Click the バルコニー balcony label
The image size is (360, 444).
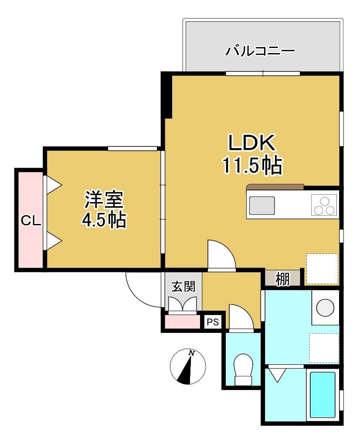[260, 52]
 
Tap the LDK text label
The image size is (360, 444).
[251, 143]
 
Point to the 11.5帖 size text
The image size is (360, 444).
[252, 166]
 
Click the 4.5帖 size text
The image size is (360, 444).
[104, 220]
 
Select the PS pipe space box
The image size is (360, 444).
[213, 322]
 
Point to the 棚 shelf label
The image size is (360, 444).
[282, 279]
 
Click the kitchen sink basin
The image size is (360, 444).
[262, 205]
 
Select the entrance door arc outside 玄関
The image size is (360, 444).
[142, 289]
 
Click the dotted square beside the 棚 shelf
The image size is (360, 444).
[322, 268]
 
